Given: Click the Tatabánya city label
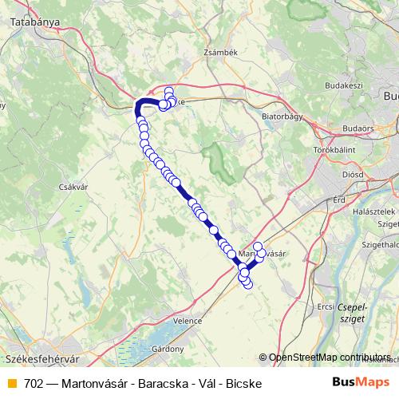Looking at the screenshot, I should tap(35, 23).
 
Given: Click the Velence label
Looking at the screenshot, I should tap(188, 320).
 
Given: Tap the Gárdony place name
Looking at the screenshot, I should tap(168, 349).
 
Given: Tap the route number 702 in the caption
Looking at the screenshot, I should tap(34, 383).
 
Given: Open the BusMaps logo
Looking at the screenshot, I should tap(360, 382).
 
